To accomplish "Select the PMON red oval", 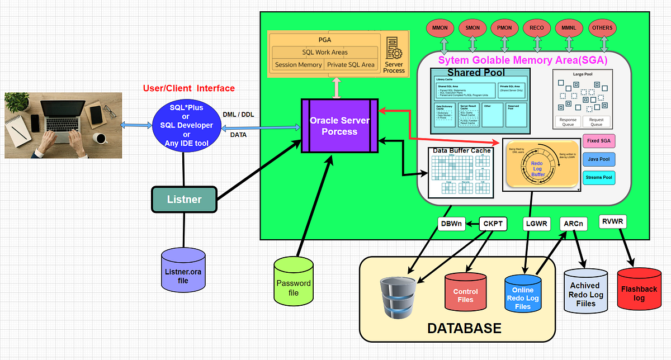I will [505, 28].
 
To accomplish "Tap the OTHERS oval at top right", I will [602, 28].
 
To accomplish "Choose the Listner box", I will [184, 199].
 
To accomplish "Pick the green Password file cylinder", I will [294, 283].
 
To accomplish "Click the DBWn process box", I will [452, 224].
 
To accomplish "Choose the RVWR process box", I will [613, 222].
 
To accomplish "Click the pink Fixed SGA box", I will [599, 141].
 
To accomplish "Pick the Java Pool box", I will [599, 160].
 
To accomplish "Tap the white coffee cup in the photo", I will [101, 138].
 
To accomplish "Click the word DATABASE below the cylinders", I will [464, 328].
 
